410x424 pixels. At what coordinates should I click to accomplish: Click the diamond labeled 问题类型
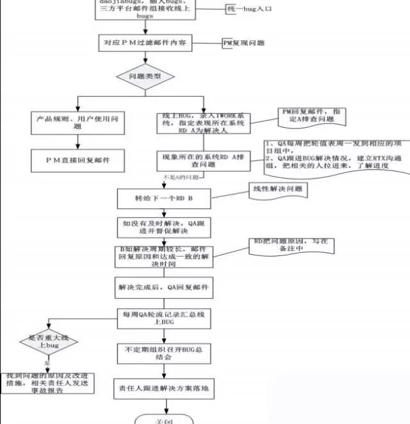pyautogui.click(x=145, y=76)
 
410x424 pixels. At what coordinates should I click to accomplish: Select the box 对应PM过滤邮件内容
pyautogui.click(x=145, y=43)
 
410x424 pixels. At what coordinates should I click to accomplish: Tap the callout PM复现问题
pyautogui.click(x=243, y=43)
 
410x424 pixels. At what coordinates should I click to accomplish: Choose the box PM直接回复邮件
pyautogui.click(x=78, y=158)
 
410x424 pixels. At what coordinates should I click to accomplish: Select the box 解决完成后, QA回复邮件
pyautogui.click(x=163, y=287)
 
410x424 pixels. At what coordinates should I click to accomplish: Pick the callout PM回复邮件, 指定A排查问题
pyautogui.click(x=315, y=116)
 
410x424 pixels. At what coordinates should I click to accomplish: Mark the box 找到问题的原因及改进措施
pyautogui.click(x=48, y=383)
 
